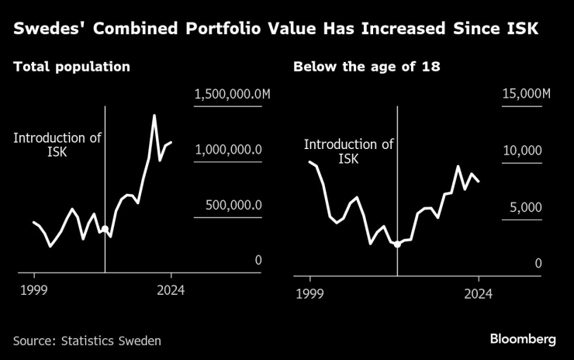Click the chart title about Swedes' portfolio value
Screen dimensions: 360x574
pos(276,29)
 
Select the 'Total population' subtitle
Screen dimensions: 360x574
pos(71,67)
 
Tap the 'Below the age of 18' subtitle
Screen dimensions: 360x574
pos(367,67)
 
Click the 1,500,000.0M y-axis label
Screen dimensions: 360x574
pos(232,94)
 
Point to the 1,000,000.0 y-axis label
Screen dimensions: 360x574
pos(227,150)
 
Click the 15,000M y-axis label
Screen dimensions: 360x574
pos(524,94)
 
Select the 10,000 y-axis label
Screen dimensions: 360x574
pos(523,150)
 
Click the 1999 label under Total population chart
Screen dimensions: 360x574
pos(34,291)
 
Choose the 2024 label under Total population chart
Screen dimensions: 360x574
pos(171,291)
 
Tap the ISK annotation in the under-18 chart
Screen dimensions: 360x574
pos(349,151)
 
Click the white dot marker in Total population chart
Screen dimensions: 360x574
pos(105,229)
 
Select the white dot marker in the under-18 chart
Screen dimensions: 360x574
pos(397,244)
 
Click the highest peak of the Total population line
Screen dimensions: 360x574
pos(154,116)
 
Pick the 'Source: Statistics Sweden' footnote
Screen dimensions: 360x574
pos(87,340)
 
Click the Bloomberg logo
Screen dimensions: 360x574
pos(523,339)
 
